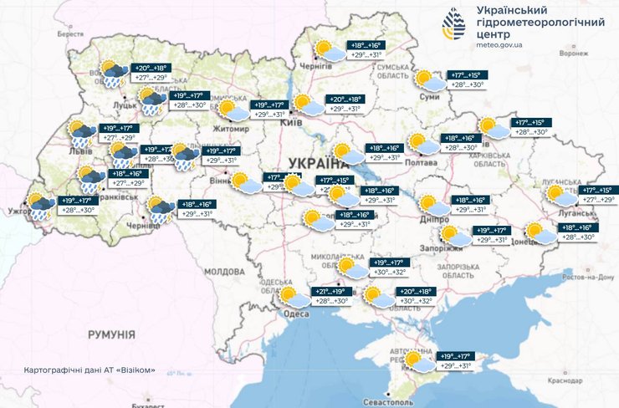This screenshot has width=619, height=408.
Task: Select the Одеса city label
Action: (x=297, y=314)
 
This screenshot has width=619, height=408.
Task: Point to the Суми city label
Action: (x=429, y=97)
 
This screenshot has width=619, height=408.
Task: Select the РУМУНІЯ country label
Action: (x=111, y=334)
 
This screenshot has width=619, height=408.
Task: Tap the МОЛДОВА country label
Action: (x=223, y=272)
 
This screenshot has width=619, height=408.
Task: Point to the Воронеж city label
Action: (x=574, y=53)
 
